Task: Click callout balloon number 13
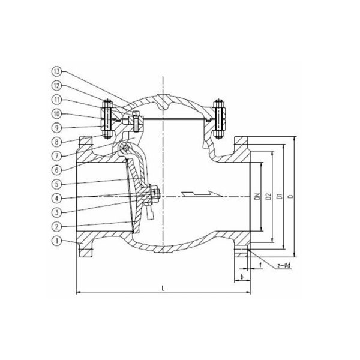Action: [x=56, y=71]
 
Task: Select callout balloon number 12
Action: [x=56, y=86]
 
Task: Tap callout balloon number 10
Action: [x=56, y=114]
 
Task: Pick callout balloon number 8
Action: [x=56, y=142]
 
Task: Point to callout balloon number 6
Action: [x=56, y=170]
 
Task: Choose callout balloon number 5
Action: [x=56, y=184]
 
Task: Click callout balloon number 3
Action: [x=56, y=212]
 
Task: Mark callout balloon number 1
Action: [x=56, y=241]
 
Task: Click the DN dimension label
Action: [x=258, y=197]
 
